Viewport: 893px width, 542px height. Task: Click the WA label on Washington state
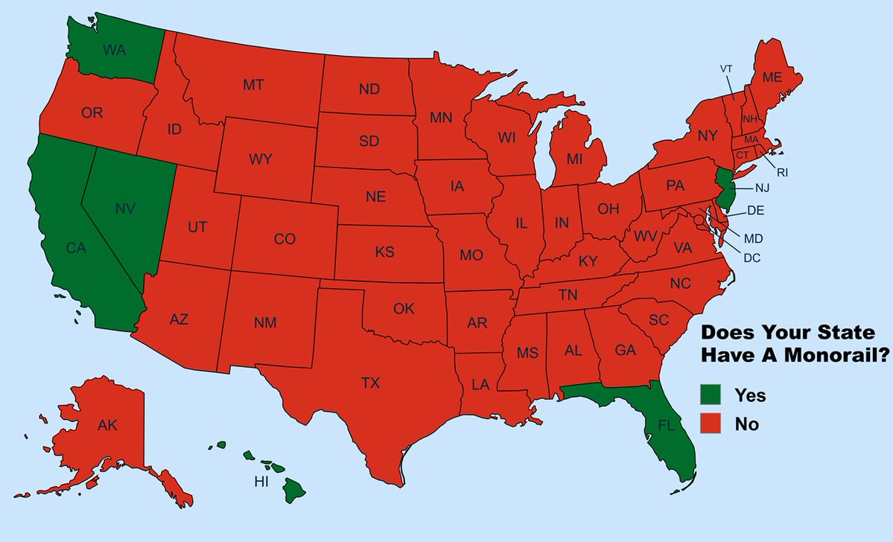pyautogui.click(x=114, y=51)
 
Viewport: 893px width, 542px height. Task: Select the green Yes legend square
pyautogui.click(x=712, y=395)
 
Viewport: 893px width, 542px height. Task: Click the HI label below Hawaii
pyautogui.click(x=261, y=482)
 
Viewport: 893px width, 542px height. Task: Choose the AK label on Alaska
pyautogui.click(x=107, y=426)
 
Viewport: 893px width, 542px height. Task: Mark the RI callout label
pyautogui.click(x=782, y=172)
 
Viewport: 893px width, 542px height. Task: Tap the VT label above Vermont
pyautogui.click(x=726, y=68)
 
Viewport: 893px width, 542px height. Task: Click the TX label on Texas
pyautogui.click(x=370, y=383)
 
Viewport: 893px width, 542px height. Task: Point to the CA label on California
pyautogui.click(x=76, y=249)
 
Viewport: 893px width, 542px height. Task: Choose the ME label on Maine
pyautogui.click(x=772, y=77)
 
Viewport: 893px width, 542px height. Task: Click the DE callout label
pyautogui.click(x=755, y=211)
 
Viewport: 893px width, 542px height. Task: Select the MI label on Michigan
pyautogui.click(x=574, y=159)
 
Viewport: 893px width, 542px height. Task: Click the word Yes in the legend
pyautogui.click(x=749, y=395)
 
